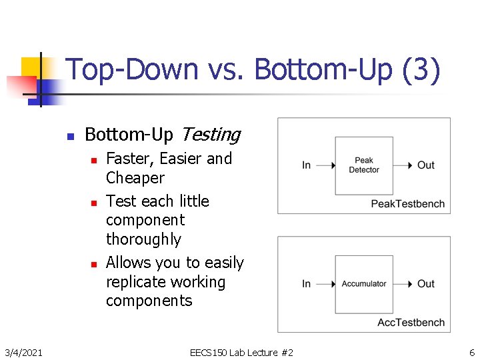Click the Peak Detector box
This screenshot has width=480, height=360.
[364, 165]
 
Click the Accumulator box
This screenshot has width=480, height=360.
[364, 284]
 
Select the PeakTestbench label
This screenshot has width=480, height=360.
[407, 203]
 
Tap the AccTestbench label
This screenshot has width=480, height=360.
[411, 322]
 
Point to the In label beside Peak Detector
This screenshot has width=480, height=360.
[306, 165]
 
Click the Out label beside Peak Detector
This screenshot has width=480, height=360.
[425, 165]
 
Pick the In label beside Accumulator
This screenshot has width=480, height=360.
[306, 284]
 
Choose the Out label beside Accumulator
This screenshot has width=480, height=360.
[425, 284]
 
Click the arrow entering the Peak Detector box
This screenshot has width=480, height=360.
[324, 165]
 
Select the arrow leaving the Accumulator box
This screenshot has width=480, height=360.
[404, 284]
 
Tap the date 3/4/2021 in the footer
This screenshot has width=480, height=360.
[23, 351]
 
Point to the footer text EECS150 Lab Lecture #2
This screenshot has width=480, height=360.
[241, 351]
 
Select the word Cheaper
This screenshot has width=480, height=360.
[135, 178]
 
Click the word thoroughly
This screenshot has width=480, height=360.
[143, 239]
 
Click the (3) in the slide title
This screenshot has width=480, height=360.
[421, 71]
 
